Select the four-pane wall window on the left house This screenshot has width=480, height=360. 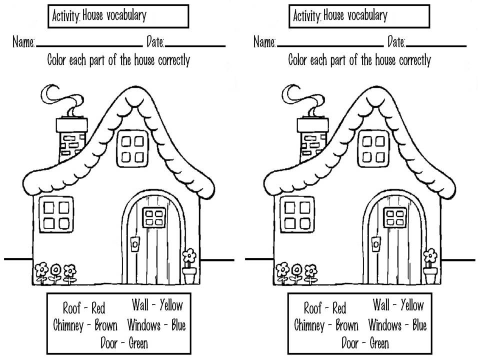tap(56, 214)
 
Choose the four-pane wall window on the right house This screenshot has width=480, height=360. tap(297, 214)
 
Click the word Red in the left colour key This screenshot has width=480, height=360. tap(98, 307)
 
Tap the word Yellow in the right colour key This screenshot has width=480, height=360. tap(412, 304)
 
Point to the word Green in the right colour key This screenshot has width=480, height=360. tap(379, 343)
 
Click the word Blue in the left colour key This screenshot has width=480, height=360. tap(178, 326)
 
